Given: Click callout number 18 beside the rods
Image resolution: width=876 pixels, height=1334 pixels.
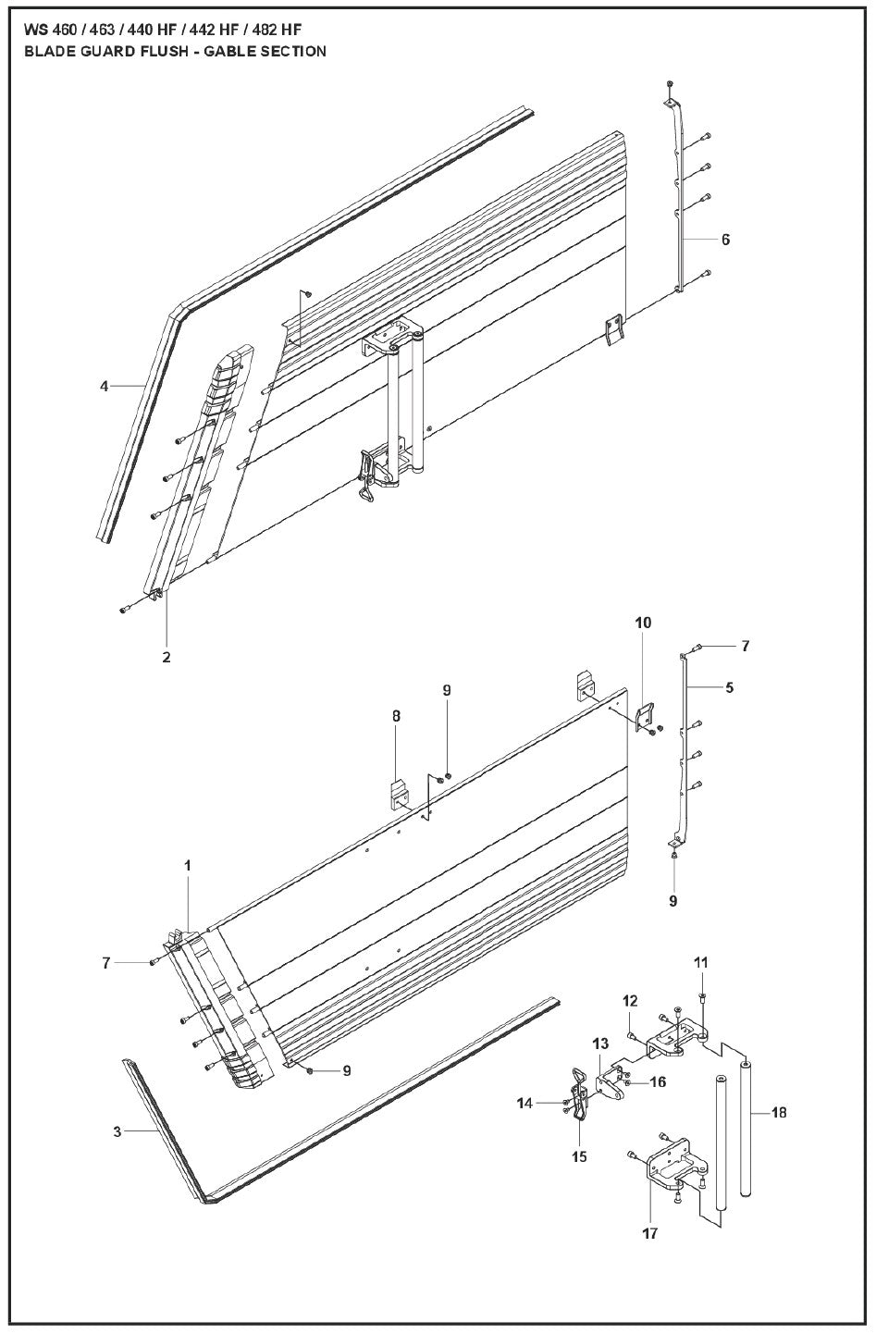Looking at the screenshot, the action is (778, 1112).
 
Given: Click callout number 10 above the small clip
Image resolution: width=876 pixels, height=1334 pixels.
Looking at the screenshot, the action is (643, 623).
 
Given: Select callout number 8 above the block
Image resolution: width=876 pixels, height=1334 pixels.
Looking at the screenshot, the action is (396, 716).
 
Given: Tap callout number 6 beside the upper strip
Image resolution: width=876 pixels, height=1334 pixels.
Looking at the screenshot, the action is (724, 240).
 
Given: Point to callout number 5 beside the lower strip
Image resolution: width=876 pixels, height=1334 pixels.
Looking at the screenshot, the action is (730, 688).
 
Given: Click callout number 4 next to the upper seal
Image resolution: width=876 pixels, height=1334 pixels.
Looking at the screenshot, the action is (105, 387).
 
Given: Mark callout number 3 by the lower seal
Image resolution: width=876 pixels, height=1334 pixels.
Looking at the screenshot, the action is (117, 1130).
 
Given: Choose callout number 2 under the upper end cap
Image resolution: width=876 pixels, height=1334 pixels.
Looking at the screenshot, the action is (167, 657).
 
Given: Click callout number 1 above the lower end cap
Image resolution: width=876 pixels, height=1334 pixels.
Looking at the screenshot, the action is (188, 866).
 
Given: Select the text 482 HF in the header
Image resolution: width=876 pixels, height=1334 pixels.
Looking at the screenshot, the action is (278, 30).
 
